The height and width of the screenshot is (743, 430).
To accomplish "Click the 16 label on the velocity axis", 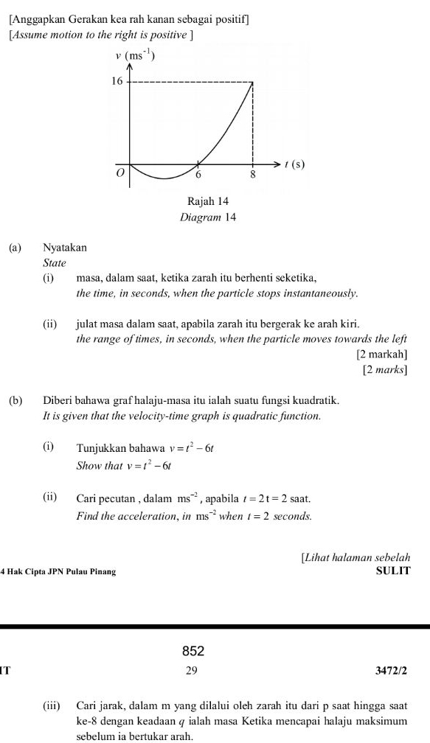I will tap(115, 81).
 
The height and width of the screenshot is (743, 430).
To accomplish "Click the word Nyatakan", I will tap(65, 248).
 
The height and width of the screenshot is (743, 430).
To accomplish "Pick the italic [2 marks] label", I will tap(385, 369).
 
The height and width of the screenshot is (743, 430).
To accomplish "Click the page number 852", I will tap(193, 651).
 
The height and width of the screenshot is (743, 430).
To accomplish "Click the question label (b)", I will tap(15, 401).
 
